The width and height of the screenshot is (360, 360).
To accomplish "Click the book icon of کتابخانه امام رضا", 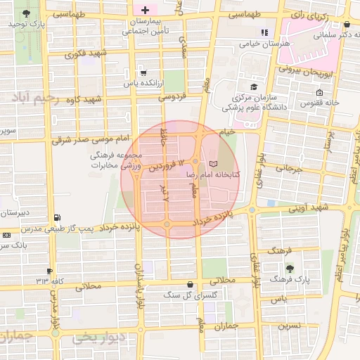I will [214, 163].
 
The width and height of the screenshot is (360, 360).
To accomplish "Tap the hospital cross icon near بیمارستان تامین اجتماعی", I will [145, 11].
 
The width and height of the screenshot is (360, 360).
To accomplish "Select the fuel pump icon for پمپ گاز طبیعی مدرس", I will [57, 217].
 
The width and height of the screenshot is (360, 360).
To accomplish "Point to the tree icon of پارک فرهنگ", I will [289, 268].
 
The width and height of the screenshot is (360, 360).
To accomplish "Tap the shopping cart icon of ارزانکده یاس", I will [143, 72].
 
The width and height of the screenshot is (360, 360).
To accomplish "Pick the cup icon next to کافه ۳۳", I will [49, 271].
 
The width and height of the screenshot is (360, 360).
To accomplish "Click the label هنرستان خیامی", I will [266, 44].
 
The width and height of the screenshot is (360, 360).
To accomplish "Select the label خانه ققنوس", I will [321, 103].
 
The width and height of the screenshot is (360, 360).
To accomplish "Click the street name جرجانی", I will [289, 169].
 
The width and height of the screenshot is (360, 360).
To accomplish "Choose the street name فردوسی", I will [172, 96].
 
